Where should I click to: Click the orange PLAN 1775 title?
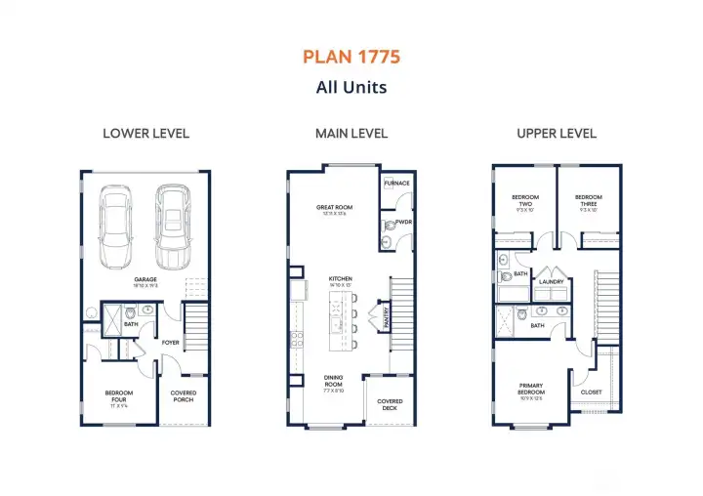click(x=351, y=57)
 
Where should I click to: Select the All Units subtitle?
click(x=351, y=87)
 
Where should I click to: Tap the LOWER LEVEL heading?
click(x=145, y=134)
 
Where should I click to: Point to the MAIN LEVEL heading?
click(x=351, y=134)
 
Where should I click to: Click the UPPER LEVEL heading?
click(x=558, y=134)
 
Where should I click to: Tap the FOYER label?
click(x=170, y=342)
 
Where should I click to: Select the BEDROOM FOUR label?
click(x=119, y=395)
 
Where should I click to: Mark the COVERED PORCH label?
click(x=183, y=395)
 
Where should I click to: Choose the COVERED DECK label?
click(x=390, y=404)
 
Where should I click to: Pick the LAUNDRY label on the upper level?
click(x=552, y=282)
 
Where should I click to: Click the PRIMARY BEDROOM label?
click(x=530, y=389)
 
